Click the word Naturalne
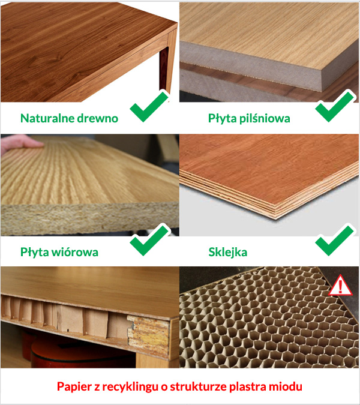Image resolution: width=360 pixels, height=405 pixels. [47, 118]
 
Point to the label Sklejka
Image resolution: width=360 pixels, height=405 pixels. [228, 253]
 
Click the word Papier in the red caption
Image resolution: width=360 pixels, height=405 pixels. [74, 387]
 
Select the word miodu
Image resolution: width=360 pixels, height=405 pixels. [286, 386]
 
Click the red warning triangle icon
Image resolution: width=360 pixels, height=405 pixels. [340, 286]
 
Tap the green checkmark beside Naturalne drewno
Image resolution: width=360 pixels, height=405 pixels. [149, 106]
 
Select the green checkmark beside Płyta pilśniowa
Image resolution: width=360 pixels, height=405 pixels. [335, 106]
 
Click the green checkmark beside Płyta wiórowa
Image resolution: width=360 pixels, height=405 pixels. [149, 240]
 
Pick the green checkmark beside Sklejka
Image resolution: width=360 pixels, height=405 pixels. [335, 240]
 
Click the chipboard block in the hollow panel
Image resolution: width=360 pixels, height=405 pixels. [149, 332]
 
